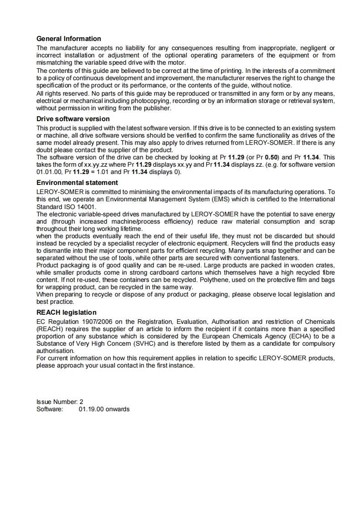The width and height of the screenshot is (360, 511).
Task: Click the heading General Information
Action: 69,39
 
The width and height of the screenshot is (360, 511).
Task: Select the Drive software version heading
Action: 73,119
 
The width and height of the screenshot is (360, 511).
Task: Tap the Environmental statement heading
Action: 77,183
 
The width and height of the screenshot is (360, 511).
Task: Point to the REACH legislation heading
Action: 66,312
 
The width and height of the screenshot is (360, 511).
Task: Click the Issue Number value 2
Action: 81,402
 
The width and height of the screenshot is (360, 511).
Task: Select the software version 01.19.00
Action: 91,409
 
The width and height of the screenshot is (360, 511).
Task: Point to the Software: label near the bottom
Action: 50,409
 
